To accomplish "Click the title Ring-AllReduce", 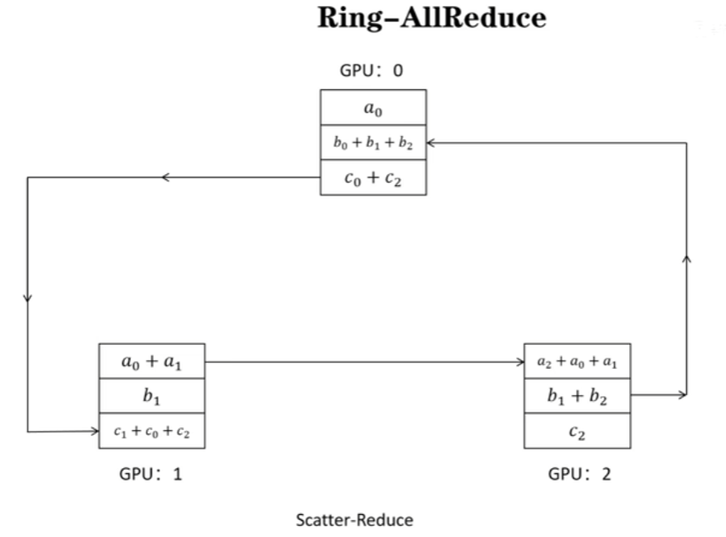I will coord(432,19).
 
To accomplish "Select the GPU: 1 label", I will coord(150,473).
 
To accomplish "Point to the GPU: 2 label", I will coord(579,473).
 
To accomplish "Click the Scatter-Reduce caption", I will coord(354,519).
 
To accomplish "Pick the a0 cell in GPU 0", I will coord(372,108).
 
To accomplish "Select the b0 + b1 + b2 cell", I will coord(372,143).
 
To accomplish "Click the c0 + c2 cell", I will coord(372,178).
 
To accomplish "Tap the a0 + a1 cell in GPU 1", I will coord(152,361).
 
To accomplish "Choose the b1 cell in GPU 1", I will coord(152,396).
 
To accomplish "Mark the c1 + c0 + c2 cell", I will coord(152,431).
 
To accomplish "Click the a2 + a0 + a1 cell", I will coord(577,361).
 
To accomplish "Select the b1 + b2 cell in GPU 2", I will coord(577,395).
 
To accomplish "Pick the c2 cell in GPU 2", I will coord(577,431).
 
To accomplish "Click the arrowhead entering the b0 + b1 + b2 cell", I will coord(431,143).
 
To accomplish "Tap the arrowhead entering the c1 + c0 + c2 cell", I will coord(95,431).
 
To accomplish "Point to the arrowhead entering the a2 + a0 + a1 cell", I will coord(520,362).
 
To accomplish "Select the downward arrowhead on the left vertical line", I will coord(28,298).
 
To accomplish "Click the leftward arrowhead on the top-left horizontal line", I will coord(167,178).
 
